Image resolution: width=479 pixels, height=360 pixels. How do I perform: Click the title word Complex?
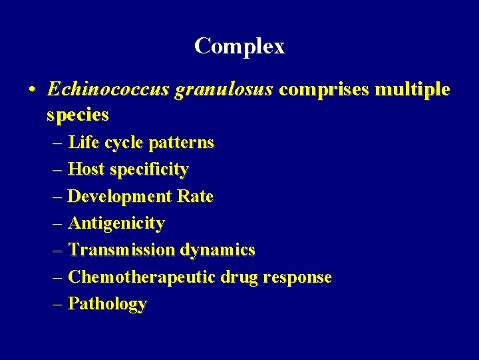239,46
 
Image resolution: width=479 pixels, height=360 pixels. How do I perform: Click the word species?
78,115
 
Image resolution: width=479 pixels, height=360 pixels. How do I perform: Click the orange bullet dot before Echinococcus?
31,90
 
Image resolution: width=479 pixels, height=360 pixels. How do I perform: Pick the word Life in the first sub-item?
83,143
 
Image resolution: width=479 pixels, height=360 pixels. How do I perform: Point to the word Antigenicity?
116,223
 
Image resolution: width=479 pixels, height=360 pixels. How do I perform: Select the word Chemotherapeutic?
142,277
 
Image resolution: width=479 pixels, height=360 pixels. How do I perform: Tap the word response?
298,277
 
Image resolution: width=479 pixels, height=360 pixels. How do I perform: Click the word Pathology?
107,304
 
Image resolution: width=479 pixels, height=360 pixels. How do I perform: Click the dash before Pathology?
57,304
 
